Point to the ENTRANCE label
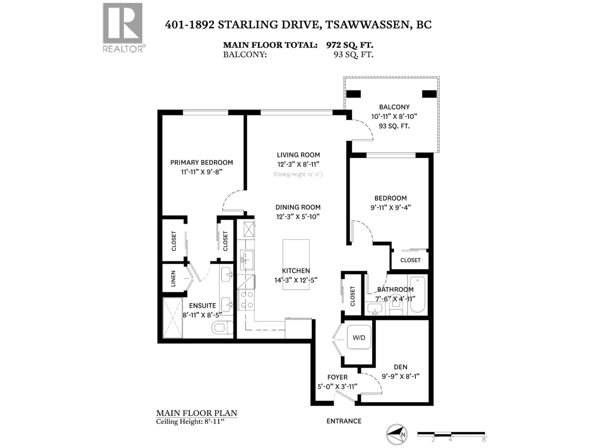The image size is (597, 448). click(344, 421)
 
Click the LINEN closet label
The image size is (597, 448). click(173, 278)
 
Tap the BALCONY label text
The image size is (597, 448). click(394, 107)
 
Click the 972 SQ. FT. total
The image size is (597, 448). click(349, 45)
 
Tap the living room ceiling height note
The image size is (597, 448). click(298, 174)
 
